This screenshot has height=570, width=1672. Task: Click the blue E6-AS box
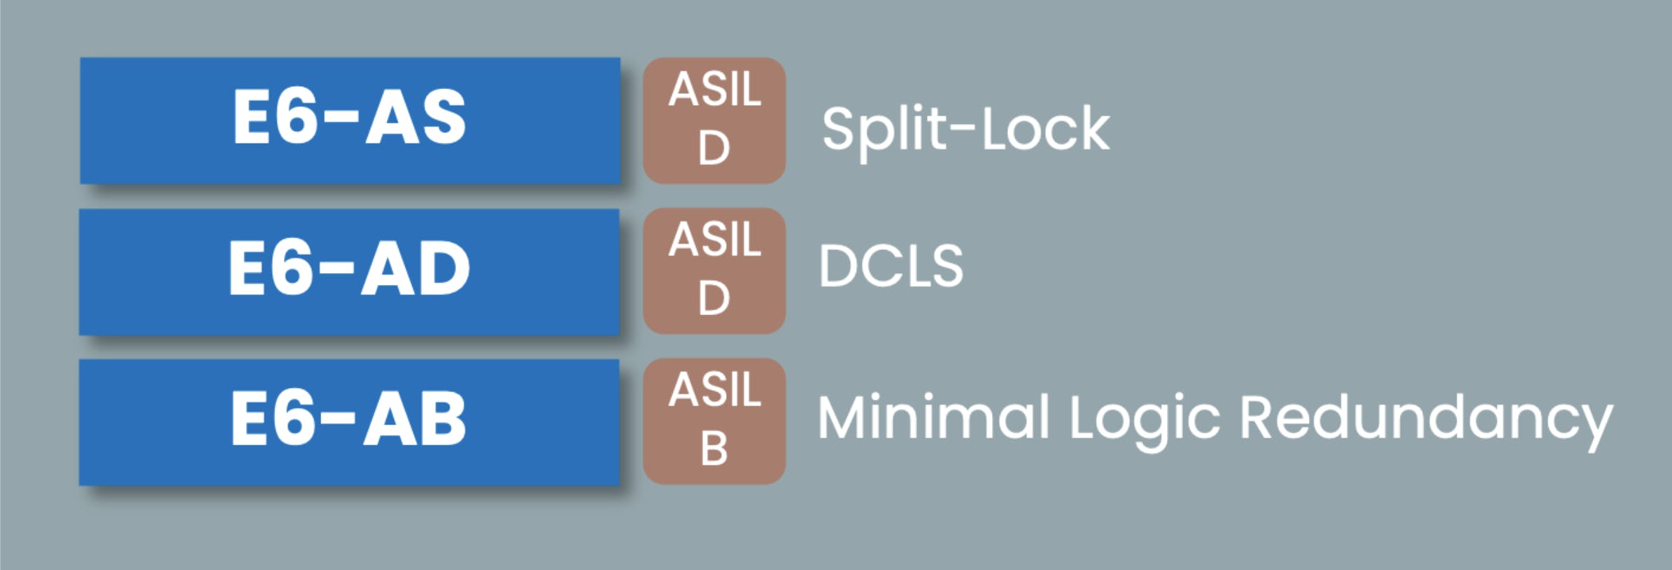(x=350, y=120)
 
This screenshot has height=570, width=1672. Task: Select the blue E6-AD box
(x=349, y=272)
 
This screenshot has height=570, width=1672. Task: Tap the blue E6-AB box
(x=349, y=422)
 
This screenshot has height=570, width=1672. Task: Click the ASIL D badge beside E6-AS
(x=714, y=120)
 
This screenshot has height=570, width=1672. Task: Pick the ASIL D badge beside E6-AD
(x=714, y=271)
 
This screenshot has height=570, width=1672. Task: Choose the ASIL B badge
(x=714, y=422)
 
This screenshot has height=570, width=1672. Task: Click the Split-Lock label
(x=965, y=130)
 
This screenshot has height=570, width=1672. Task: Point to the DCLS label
(x=891, y=266)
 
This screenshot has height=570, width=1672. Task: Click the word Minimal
(x=933, y=418)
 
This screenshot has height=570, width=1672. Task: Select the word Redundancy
(x=1426, y=418)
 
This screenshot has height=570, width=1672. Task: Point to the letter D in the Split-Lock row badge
(x=714, y=148)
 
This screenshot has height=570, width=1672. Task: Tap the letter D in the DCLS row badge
(x=714, y=298)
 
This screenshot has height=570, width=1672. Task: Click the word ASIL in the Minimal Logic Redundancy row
(x=714, y=390)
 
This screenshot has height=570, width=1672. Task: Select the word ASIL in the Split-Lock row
(x=714, y=90)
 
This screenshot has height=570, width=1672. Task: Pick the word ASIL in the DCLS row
(x=714, y=239)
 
